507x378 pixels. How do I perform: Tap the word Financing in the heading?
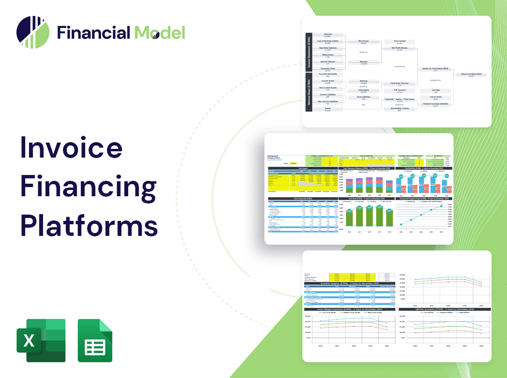coord(88,186)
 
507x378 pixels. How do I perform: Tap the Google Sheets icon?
coord(95,340)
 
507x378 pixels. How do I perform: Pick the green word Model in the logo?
coord(160,32)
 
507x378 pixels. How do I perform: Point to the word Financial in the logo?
coord(94,32)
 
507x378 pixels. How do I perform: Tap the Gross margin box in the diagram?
coord(399,42)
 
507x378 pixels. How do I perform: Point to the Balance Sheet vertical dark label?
coord(308,95)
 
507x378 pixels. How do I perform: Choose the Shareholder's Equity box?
coord(399,109)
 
